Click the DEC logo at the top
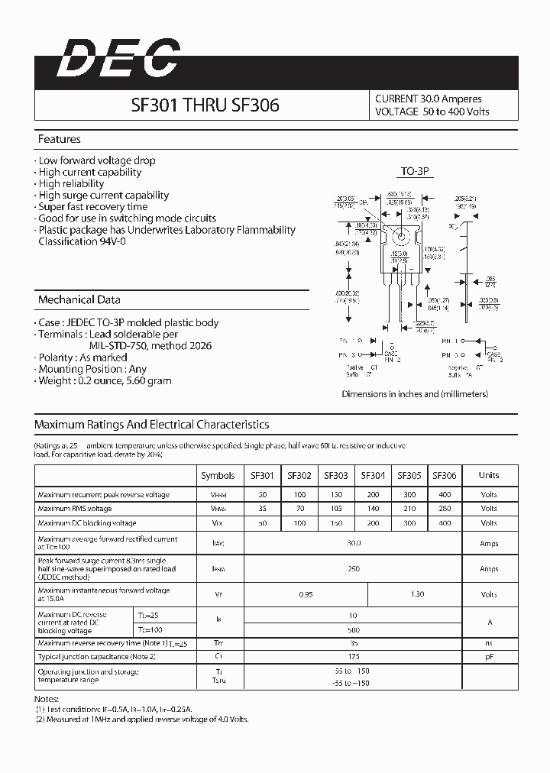point(118,59)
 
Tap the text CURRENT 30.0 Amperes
point(428,99)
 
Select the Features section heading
point(59,140)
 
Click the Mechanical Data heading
point(79,300)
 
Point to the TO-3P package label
point(417,173)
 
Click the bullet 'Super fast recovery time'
point(92,207)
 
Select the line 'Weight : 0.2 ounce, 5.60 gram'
point(105,380)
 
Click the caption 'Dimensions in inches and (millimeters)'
point(415,394)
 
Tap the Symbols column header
point(218,475)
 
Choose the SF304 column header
point(372,475)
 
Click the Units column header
point(489,475)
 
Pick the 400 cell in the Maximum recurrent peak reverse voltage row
point(445,495)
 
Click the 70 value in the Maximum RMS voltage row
point(299,509)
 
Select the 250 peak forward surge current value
point(354,569)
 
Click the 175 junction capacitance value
point(354,657)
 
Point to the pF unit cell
point(489,657)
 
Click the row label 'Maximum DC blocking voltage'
point(87,523)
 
